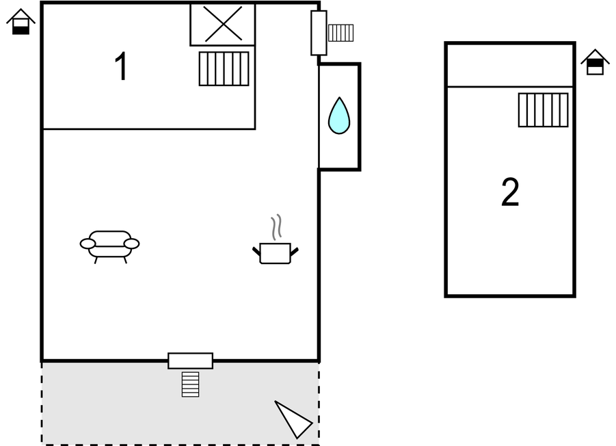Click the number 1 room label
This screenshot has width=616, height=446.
122,66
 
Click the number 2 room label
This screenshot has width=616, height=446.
510,192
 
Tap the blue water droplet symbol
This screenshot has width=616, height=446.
339,116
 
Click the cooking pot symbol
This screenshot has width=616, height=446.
276,253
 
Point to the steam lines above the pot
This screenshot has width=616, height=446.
276,227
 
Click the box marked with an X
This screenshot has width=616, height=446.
223,24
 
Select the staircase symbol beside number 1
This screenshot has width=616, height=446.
224,69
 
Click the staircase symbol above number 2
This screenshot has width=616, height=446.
543,110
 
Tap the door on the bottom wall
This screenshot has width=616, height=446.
191,360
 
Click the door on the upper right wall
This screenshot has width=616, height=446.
319,33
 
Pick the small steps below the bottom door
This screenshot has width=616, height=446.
191,384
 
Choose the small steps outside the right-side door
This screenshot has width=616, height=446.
340,33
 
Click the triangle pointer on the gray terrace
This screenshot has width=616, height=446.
294,419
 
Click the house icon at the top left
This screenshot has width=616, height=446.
21,22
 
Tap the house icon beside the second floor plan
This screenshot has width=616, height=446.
595,62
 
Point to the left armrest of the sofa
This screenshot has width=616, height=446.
88,244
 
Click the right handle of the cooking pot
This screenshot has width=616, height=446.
294,252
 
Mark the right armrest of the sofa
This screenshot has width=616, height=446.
131,244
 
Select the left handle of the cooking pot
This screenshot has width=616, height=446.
256,251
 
